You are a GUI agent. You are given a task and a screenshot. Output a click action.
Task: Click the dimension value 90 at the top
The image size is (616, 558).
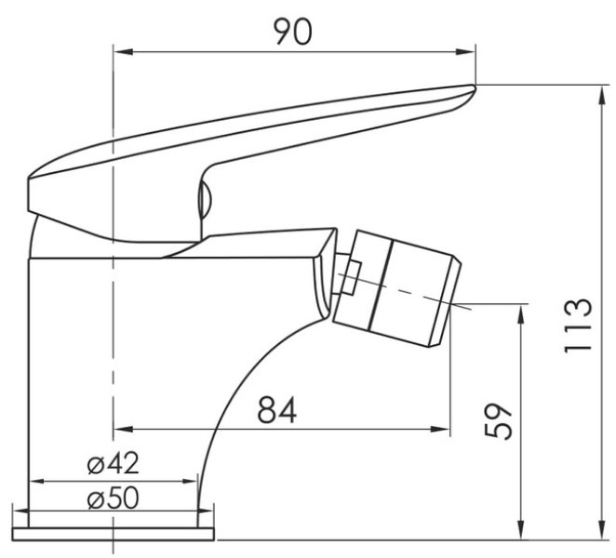pyautogui.click(x=293, y=32)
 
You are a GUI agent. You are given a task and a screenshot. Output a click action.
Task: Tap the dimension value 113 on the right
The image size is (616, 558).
pyautogui.click(x=578, y=325)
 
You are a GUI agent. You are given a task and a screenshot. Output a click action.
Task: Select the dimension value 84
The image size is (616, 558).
pyautogui.click(x=276, y=409)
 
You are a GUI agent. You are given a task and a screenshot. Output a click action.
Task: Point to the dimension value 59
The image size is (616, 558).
pyautogui.click(x=499, y=420)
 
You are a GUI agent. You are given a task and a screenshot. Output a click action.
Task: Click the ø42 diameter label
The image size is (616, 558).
pyautogui.click(x=114, y=463)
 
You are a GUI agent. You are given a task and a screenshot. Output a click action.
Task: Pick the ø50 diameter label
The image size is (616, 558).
pyautogui.click(x=114, y=498)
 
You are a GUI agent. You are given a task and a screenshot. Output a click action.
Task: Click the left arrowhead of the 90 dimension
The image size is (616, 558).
pyautogui.click(x=123, y=51)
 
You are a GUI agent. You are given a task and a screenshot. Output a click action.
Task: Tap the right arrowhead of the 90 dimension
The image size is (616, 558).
pyautogui.click(x=466, y=51)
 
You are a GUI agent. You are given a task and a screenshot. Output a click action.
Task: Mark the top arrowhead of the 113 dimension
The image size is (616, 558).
pyautogui.click(x=601, y=96)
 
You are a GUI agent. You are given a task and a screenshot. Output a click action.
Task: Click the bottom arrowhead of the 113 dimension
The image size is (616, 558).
pyautogui.click(x=601, y=530)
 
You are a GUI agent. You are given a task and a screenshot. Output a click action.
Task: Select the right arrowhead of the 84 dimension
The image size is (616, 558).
pyautogui.click(x=440, y=430)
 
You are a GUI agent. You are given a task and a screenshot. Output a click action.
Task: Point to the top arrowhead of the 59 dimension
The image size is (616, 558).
pyautogui.click(x=521, y=314)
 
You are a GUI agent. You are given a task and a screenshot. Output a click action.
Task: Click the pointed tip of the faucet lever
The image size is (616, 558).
pyautogui.click(x=475, y=86)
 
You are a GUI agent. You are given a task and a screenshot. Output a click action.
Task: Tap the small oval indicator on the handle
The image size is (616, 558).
pyautogui.click(x=205, y=200)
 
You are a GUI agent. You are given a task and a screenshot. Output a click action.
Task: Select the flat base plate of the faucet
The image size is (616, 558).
pyautogui.click(x=114, y=535)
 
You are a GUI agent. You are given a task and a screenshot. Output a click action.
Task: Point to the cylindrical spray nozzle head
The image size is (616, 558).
pyautogui.click(x=396, y=288)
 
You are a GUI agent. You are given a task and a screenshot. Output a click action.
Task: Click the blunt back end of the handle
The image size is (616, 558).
pyautogui.click(x=30, y=195)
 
